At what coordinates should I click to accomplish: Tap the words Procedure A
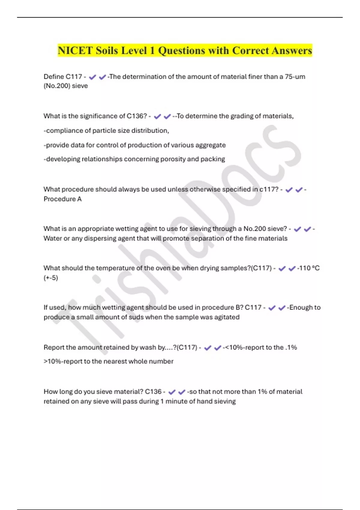(x=62, y=199)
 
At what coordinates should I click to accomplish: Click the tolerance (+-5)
(x=51, y=278)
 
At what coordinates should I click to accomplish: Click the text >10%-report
(x=62, y=361)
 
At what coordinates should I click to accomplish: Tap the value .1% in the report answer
(x=291, y=347)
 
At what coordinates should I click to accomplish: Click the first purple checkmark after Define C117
(x=92, y=77)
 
